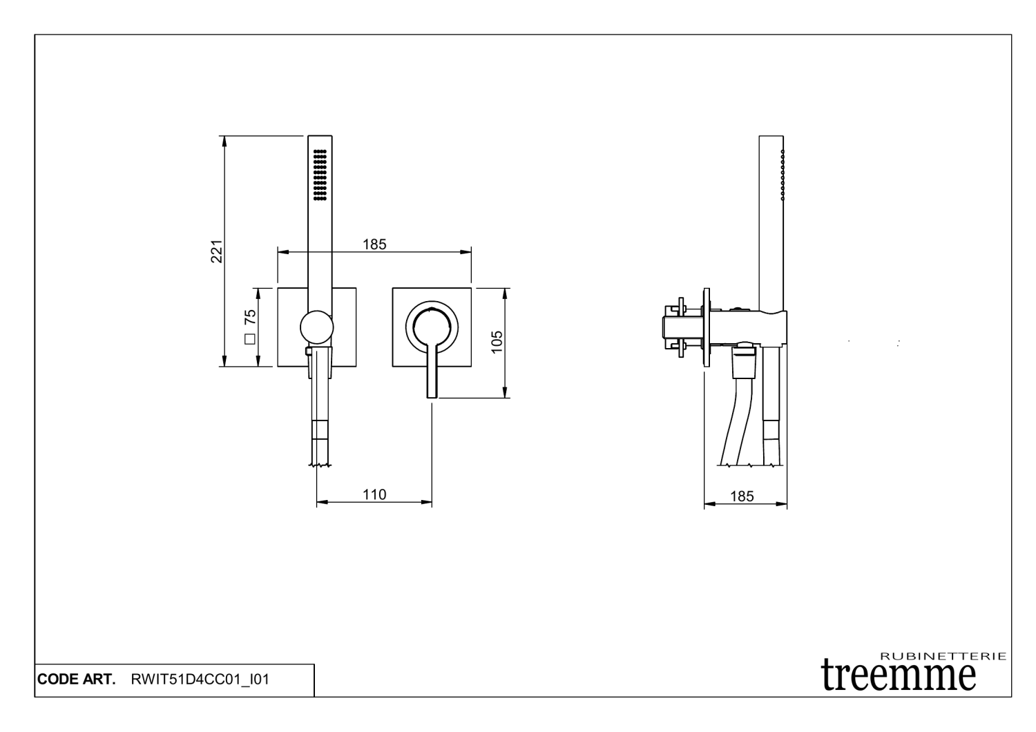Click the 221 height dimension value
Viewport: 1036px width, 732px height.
pyautogui.click(x=216, y=251)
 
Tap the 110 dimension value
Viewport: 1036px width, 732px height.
pyautogui.click(x=374, y=494)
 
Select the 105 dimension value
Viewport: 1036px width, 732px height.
pyautogui.click(x=497, y=343)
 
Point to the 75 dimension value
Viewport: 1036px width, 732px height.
pyautogui.click(x=250, y=317)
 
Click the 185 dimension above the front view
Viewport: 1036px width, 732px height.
pyautogui.click(x=374, y=244)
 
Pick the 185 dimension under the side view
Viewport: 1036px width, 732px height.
pyautogui.click(x=742, y=497)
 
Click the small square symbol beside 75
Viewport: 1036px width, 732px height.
pyautogui.click(x=250, y=339)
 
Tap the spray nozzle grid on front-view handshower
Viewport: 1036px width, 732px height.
pyautogui.click(x=320, y=175)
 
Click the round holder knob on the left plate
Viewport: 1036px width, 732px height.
pyautogui.click(x=316, y=327)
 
